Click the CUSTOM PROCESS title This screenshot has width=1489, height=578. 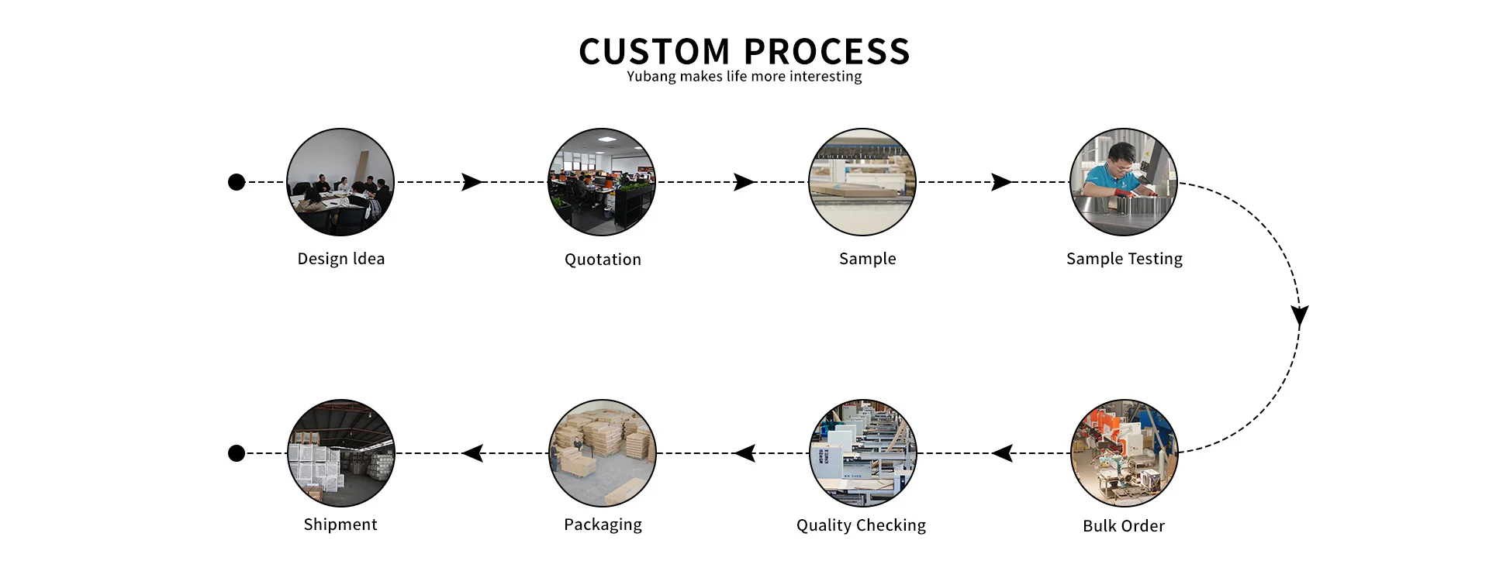point(744,51)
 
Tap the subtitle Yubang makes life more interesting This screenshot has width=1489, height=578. point(744,76)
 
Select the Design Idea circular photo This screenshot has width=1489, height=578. point(340,182)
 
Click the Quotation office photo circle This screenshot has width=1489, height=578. point(602,182)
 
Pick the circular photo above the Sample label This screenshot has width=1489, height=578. point(862,182)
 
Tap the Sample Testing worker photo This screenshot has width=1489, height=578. point(1124,182)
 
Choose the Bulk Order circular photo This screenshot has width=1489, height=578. point(1125,453)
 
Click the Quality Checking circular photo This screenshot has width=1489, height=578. point(863,453)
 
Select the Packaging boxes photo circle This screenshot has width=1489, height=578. point(603,453)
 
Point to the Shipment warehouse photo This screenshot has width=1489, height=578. point(341,453)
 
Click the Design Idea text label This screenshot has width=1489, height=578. point(341,259)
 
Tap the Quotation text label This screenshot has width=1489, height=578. point(603,260)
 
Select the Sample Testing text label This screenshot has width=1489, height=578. point(1125,259)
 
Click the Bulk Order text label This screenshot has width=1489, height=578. point(1124,526)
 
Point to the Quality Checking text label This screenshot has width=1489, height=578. point(861,525)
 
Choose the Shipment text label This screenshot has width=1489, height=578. point(340,525)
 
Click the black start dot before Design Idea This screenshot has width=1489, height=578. point(237,182)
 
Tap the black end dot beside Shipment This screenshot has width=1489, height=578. point(237,453)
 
